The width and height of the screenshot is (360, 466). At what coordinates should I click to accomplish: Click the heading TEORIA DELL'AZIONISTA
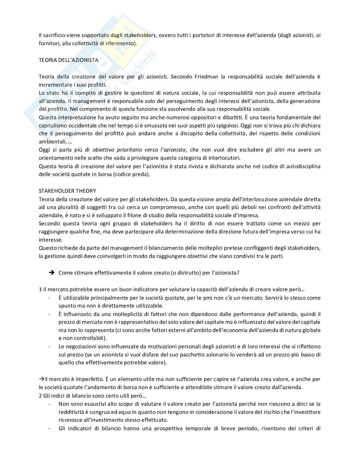click(x=68, y=60)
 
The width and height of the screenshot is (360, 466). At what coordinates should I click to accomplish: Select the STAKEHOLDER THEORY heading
click(x=67, y=191)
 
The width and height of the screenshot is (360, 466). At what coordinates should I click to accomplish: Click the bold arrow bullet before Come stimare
click(x=52, y=273)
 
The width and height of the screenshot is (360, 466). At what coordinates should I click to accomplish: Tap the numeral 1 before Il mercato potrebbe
click(x=40, y=289)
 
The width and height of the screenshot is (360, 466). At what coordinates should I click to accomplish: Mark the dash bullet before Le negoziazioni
click(x=50, y=346)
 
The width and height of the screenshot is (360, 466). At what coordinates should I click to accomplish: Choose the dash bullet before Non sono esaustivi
click(x=50, y=404)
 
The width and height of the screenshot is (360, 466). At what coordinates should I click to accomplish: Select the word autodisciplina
click(x=304, y=166)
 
